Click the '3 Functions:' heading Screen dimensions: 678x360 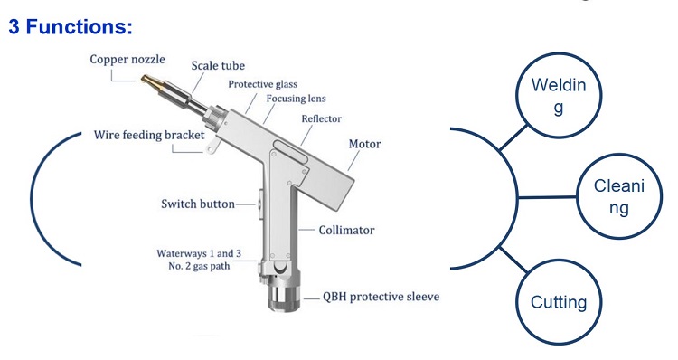pos(70,27)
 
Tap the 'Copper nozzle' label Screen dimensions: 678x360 pos(127,60)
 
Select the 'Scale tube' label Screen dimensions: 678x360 pos(218,65)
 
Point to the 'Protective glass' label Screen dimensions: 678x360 pos(262,84)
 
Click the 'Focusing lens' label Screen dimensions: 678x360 pos(296,99)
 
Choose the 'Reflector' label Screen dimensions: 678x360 pos(321,118)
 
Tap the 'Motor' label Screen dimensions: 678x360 pos(364,144)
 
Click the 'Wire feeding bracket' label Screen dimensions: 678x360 pos(149,135)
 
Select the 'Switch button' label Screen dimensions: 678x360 pos(198,204)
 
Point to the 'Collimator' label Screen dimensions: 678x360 pos(346,230)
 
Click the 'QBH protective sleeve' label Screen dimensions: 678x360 pos(381,297)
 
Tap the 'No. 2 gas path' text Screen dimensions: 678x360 pos(199,266)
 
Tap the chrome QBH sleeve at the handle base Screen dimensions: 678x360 pos(284,293)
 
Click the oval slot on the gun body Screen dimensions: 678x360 pos(289,151)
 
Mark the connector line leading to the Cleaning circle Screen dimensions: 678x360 pos(547,197)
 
